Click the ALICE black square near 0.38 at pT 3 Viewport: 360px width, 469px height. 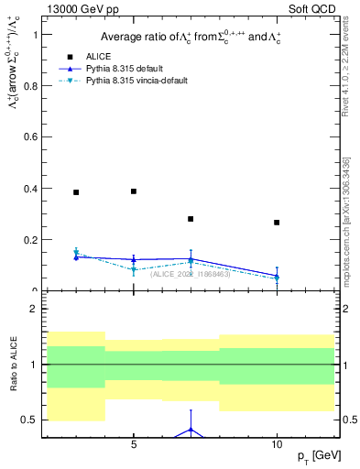pos(76,192)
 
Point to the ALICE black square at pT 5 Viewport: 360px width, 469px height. pos(134,191)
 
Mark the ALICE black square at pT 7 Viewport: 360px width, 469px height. pos(191,219)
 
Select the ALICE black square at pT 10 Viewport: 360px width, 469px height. pos(277,223)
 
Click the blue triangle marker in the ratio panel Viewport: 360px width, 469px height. pos(191,429)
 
